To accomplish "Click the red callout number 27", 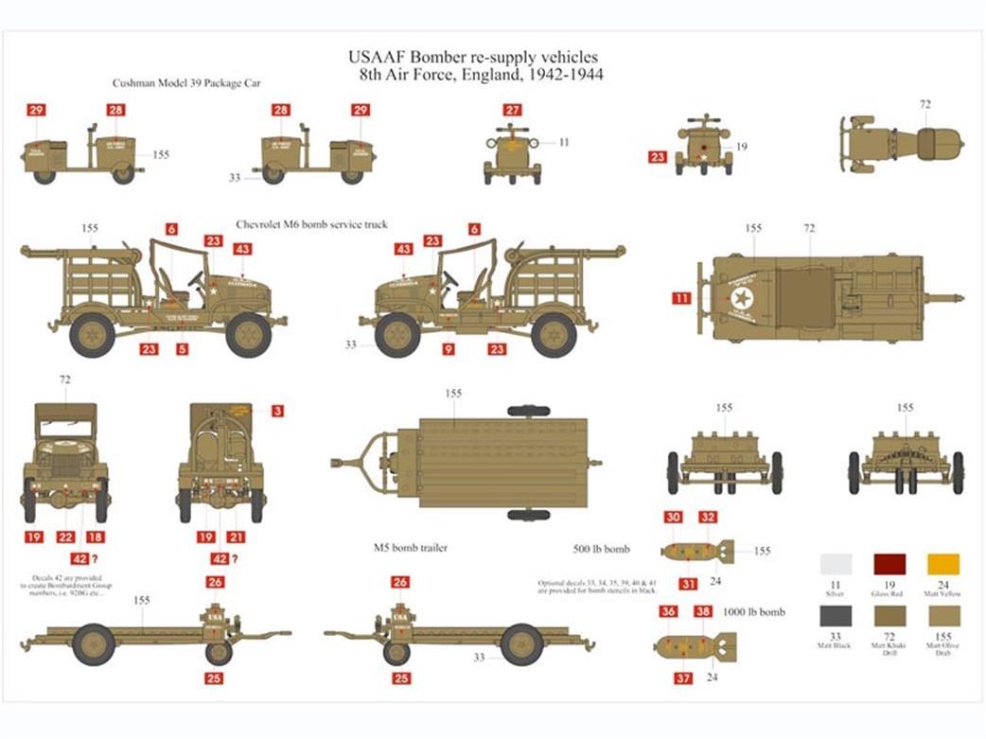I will pyautogui.click(x=512, y=111).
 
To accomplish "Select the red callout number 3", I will pyautogui.click(x=276, y=411).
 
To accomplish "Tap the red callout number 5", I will pyautogui.click(x=182, y=349).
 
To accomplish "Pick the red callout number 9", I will pyautogui.click(x=449, y=349).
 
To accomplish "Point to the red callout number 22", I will pyautogui.click(x=65, y=537).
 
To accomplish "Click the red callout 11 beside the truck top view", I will pyautogui.click(x=681, y=299).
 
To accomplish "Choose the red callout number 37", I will pyautogui.click(x=681, y=677).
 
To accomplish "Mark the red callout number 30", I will pyautogui.click(x=673, y=518).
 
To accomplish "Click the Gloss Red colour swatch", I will pyautogui.click(x=889, y=565).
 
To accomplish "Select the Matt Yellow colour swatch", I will pyautogui.click(x=943, y=565).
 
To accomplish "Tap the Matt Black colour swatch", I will pyautogui.click(x=836, y=615).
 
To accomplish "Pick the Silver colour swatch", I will pyautogui.click(x=836, y=565).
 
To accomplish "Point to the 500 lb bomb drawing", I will pyautogui.click(x=695, y=550).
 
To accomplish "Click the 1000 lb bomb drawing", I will pyautogui.click(x=695, y=646).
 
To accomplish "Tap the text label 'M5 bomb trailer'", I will pyautogui.click(x=410, y=549).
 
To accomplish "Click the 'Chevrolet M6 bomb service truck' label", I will pyautogui.click(x=311, y=225).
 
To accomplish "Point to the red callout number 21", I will pyautogui.click(x=236, y=537).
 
